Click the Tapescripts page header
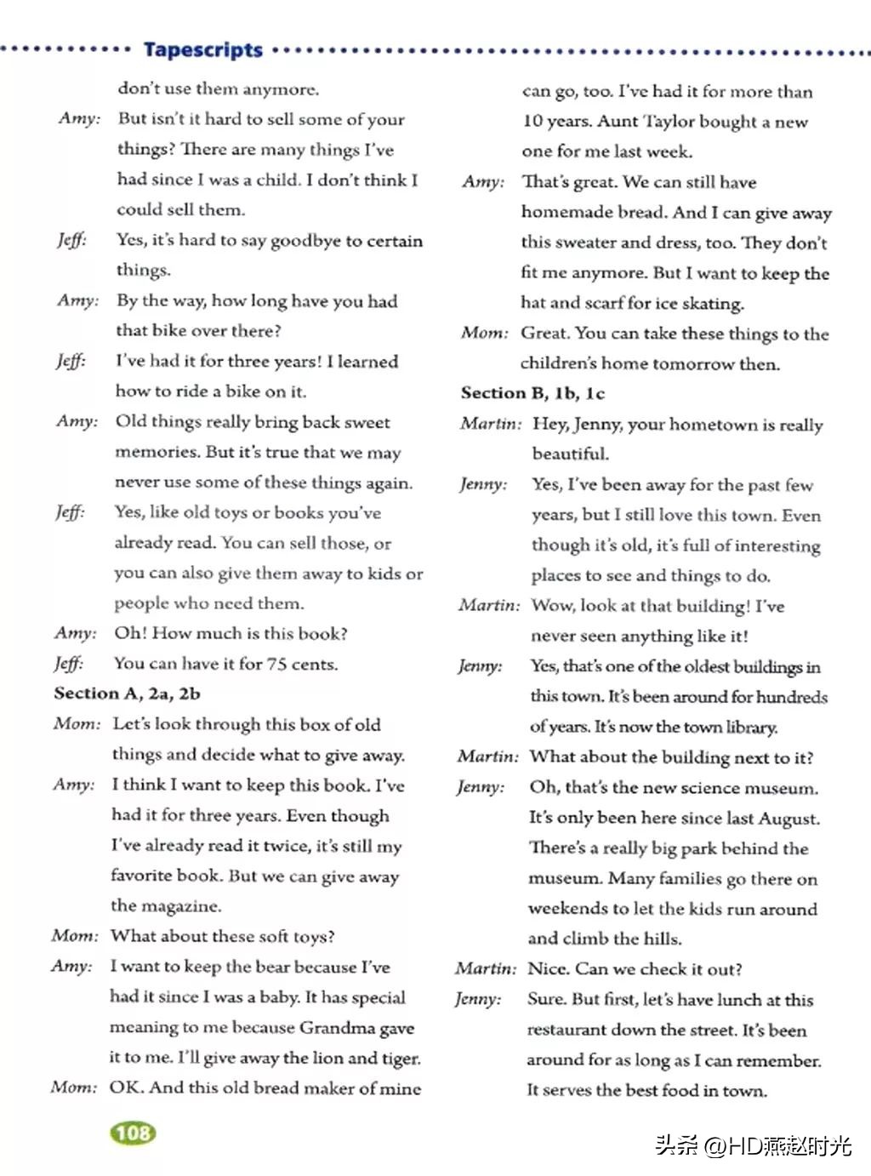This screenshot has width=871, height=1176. point(203,49)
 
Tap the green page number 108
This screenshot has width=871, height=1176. point(133,1133)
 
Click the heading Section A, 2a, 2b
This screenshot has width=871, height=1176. point(127,694)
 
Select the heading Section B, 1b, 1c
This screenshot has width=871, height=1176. point(532,393)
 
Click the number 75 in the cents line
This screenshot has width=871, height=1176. point(276,664)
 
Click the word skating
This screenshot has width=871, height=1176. point(714,303)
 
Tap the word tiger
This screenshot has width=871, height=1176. point(400,1058)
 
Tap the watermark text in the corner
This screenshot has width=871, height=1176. point(754,1145)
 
